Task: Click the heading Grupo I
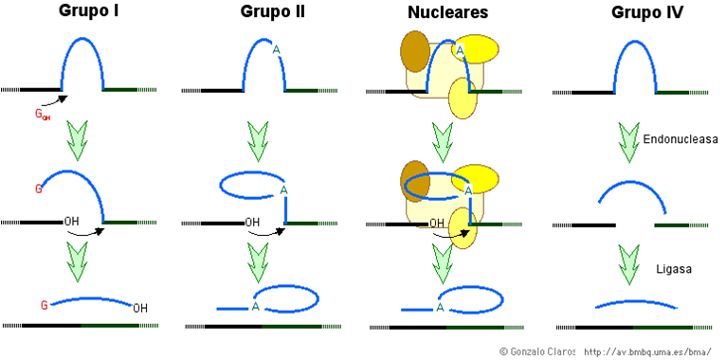82,13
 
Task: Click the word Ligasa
674,269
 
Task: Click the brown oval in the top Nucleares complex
415,51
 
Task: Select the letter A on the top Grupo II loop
276,51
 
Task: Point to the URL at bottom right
647,351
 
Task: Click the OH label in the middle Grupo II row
253,224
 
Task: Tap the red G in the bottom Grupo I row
44,304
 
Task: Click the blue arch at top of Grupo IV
626,59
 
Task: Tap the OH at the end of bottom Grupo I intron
140,308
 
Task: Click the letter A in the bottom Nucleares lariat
441,308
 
